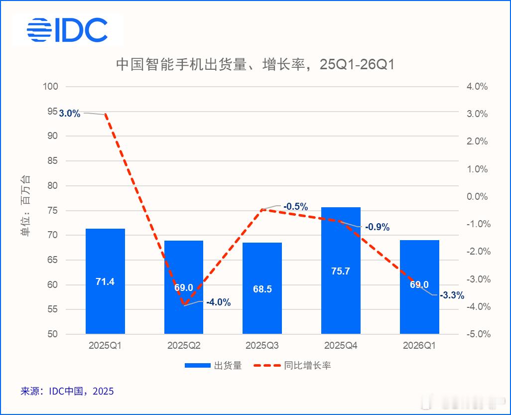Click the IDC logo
coord(67,30)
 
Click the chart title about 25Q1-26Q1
coord(255,64)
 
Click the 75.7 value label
coord(341,272)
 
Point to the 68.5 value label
coord(262,289)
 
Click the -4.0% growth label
coord(218,302)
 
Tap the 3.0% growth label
coord(70,114)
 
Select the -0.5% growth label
coord(295,207)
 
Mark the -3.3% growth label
coord(452,295)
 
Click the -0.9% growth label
coord(377,227)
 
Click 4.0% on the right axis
coord(477,87)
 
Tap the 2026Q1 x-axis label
coord(419,345)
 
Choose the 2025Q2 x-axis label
coord(183,345)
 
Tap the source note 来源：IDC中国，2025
coord(67,392)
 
